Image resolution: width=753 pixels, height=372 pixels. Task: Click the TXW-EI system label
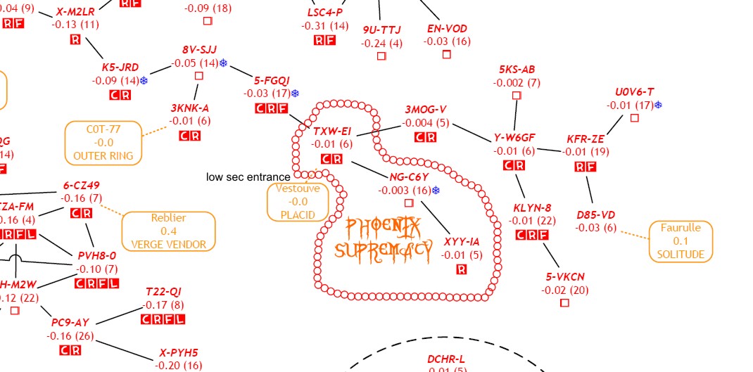(331, 132)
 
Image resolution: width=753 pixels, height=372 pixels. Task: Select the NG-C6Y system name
(409, 177)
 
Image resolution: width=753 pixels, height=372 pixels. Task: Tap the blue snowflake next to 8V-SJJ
(223, 63)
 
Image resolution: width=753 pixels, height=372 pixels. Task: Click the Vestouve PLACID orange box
(298, 202)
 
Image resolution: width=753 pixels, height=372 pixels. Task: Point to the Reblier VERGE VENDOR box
(168, 231)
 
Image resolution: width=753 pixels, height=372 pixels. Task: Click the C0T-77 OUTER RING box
(103, 142)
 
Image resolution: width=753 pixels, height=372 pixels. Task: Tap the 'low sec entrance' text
(248, 177)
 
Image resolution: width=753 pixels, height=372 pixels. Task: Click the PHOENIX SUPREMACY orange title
(384, 238)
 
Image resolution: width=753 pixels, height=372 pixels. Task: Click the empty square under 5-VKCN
(564, 302)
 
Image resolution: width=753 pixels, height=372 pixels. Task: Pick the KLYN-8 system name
(532, 208)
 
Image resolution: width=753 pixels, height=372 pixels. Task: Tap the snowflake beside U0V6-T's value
(658, 105)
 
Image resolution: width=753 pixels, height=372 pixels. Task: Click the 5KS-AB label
(517, 70)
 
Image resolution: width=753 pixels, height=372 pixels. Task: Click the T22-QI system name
(163, 292)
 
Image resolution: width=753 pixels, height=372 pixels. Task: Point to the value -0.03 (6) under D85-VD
(595, 227)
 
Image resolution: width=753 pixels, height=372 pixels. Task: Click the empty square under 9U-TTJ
(381, 56)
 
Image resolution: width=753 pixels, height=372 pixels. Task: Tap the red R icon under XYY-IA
(462, 269)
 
